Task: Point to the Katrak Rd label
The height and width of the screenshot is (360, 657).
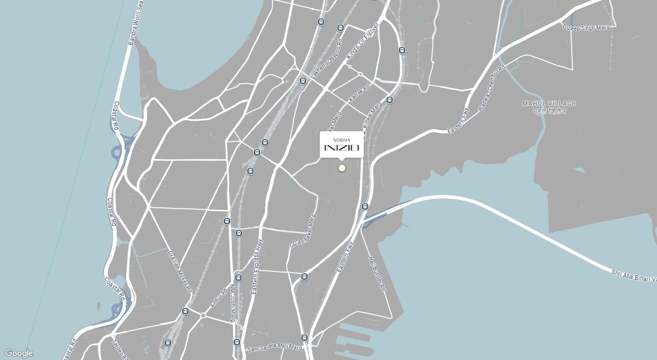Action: (x=359, y=94)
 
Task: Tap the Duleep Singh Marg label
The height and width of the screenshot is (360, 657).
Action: (x=586, y=28)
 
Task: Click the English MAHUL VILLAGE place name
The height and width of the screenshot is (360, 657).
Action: (x=549, y=104)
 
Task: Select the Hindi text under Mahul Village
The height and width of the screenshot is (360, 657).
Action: (x=549, y=112)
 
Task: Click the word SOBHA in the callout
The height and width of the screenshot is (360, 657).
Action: (x=342, y=140)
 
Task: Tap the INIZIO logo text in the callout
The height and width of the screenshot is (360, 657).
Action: (x=342, y=148)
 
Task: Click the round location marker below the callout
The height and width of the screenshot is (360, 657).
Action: (x=342, y=168)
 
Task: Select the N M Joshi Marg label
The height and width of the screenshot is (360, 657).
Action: (x=233, y=303)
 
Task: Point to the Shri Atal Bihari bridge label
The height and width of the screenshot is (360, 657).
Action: (x=633, y=275)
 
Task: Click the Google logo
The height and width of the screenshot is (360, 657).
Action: (x=19, y=353)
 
